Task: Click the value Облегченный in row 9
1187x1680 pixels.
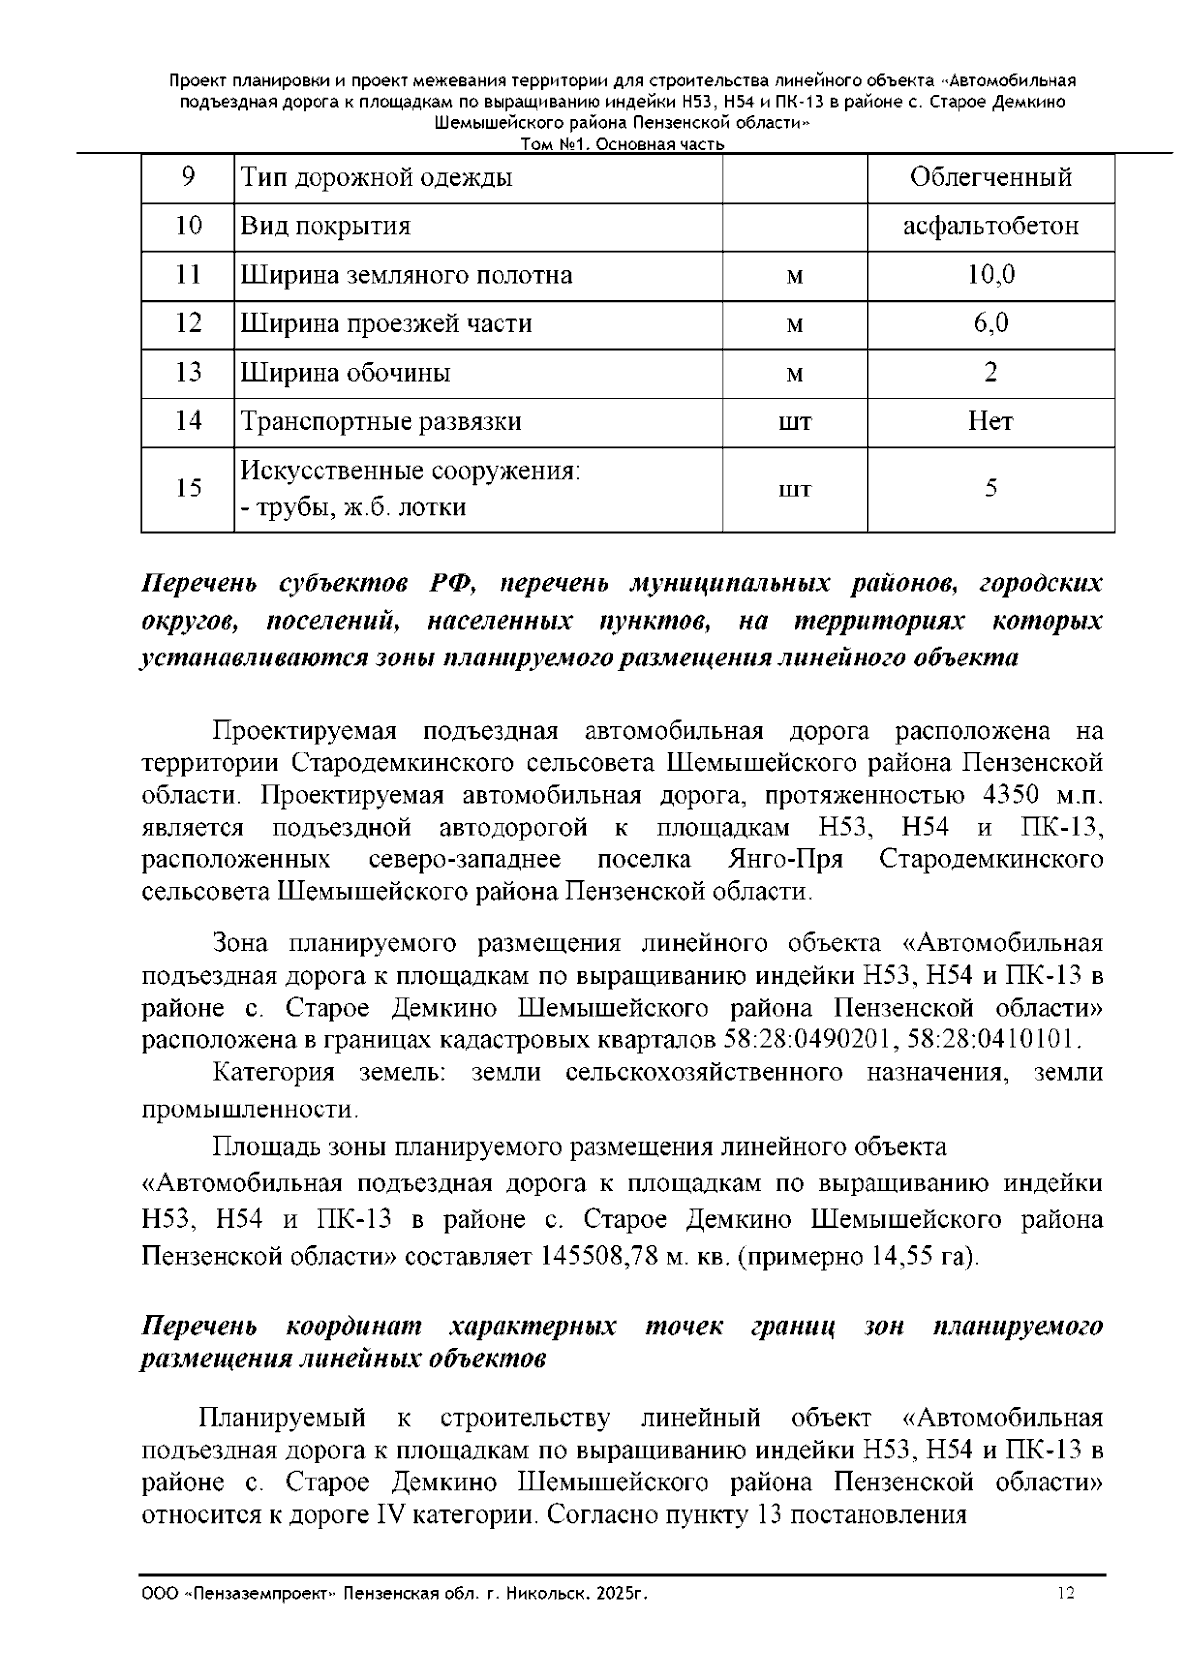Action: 990,178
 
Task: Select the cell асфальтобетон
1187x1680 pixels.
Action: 990,226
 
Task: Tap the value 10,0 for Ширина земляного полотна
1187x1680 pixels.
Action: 990,275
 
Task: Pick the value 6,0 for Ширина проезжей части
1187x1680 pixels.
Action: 990,323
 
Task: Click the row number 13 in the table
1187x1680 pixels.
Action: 188,373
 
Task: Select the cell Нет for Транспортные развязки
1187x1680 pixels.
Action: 990,421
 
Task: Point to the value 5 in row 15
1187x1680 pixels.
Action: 990,488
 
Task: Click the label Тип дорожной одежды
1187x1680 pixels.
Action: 377,178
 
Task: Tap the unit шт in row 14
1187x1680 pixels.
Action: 795,422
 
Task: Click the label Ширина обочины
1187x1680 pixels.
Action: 345,373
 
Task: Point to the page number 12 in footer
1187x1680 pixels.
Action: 1066,1593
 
